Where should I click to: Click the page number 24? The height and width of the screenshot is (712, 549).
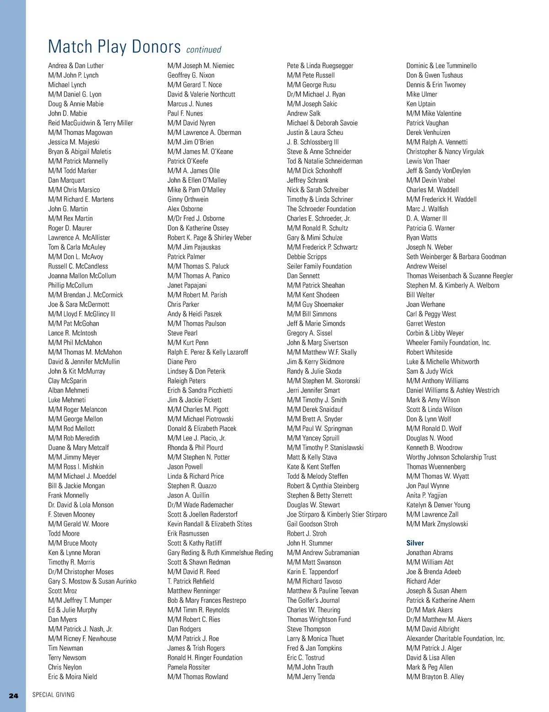pyautogui.click(x=13, y=695)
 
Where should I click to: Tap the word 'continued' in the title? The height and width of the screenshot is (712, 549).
pyautogui.click(x=204, y=49)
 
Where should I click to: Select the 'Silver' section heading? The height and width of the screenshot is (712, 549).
pyautogui.click(x=415, y=543)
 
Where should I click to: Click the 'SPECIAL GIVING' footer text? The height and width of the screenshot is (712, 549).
pyautogui.click(x=53, y=695)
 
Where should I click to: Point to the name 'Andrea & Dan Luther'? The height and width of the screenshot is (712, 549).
pyautogui.click(x=76, y=66)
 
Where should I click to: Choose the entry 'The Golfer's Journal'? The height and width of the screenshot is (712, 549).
pyautogui.click(x=313, y=600)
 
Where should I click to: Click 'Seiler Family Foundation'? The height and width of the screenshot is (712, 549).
pyautogui.click(x=319, y=266)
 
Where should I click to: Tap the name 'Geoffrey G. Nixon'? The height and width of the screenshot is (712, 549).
pyautogui.click(x=191, y=75)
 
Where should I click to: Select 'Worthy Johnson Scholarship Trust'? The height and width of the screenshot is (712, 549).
pyautogui.click(x=451, y=457)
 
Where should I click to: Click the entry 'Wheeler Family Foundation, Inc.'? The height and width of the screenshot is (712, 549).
pyautogui.click(x=448, y=343)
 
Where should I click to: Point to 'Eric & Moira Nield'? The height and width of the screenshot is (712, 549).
pyautogui.click(x=72, y=677)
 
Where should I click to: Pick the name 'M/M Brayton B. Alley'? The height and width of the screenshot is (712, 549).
pyautogui.click(x=435, y=677)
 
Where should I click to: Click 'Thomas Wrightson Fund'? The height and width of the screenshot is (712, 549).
pyautogui.click(x=319, y=620)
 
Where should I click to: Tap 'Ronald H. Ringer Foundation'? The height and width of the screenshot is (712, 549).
pyautogui.click(x=205, y=658)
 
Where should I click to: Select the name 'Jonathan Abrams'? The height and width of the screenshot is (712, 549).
pyautogui.click(x=430, y=553)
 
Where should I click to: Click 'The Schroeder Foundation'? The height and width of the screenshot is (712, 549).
pyautogui.click(x=321, y=209)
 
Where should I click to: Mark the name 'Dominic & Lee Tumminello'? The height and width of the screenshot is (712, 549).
pyautogui.click(x=441, y=66)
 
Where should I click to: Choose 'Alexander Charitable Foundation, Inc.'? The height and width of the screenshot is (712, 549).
pyautogui.click(x=456, y=638)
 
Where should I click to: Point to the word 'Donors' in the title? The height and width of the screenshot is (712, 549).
pyautogui.click(x=156, y=47)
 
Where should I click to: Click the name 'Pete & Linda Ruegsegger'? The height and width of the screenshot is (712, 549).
pyautogui.click(x=320, y=66)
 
